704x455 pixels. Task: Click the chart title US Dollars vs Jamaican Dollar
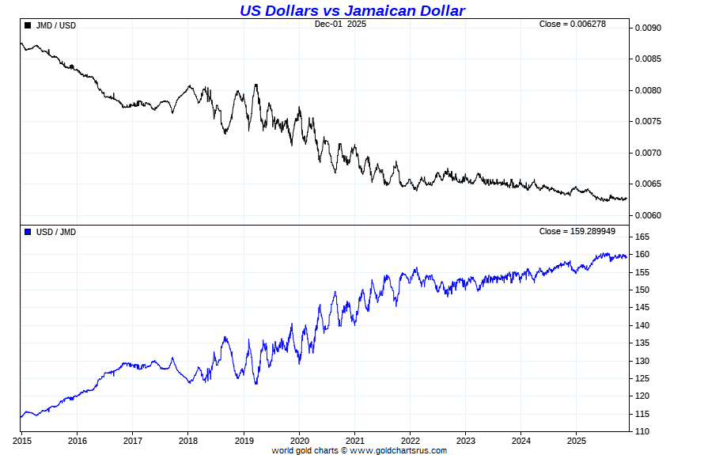(352, 10)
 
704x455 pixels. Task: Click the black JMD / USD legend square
(28, 25)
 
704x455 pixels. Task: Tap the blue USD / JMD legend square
(28, 232)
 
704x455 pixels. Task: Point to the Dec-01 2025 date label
(340, 24)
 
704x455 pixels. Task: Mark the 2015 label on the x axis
(21, 440)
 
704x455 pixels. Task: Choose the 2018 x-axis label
(188, 440)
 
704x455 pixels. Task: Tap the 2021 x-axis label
(355, 440)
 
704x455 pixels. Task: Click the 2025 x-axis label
(577, 440)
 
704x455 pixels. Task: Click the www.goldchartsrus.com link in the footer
(398, 450)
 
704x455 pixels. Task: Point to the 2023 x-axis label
(466, 440)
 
